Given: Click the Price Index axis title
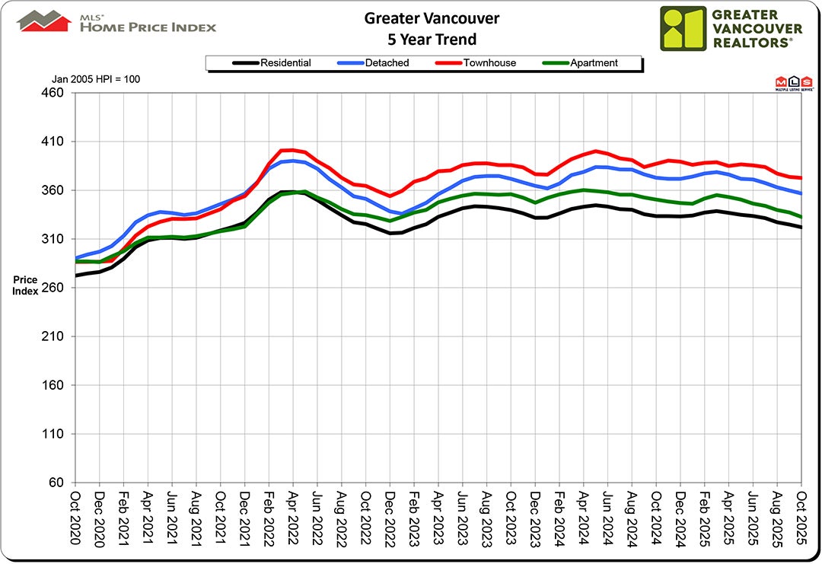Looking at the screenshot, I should [25, 285].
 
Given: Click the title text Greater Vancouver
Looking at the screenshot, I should [432, 18].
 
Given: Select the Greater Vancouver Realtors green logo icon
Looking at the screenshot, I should [683, 28].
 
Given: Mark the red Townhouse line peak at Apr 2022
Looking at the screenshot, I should [292, 150].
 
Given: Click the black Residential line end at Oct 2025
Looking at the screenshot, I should [801, 227].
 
